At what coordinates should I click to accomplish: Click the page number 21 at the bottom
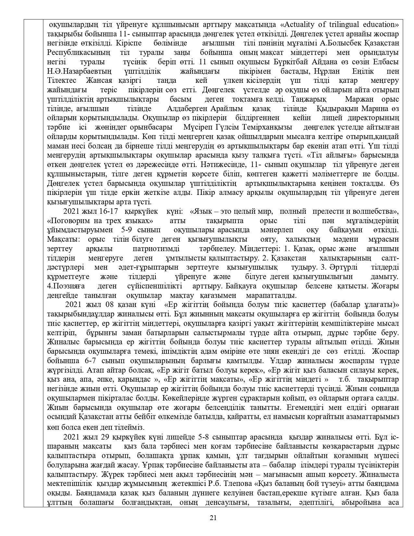(x=213, y=518)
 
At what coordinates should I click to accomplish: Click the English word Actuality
(x=300, y=25)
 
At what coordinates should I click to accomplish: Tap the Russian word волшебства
(x=374, y=211)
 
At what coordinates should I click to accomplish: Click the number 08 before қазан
(x=109, y=305)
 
